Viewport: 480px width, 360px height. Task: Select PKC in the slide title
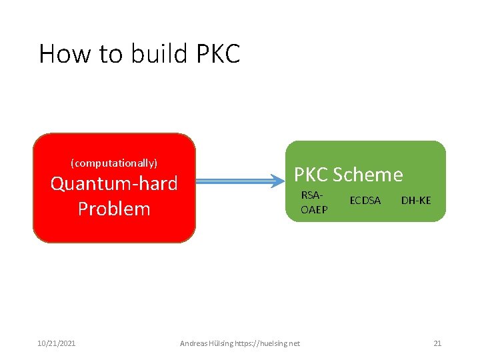pyautogui.click(x=218, y=53)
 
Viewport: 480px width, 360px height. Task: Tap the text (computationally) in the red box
pyautogui.click(x=114, y=163)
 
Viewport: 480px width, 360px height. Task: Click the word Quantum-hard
pyautogui.click(x=114, y=183)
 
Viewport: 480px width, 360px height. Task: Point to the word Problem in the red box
pyautogui.click(x=114, y=209)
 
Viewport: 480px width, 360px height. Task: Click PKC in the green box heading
pyautogui.click(x=311, y=175)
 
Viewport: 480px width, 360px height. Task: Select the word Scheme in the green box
pyautogui.click(x=368, y=175)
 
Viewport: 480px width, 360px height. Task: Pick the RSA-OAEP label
pyautogui.click(x=313, y=203)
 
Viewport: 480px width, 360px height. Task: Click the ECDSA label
pyautogui.click(x=365, y=200)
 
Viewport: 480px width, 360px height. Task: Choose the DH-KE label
pyautogui.click(x=416, y=200)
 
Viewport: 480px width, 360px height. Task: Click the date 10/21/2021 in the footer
pyautogui.click(x=56, y=343)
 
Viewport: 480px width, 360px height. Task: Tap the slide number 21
pyautogui.click(x=437, y=343)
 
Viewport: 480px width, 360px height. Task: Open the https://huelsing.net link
pyautogui.click(x=273, y=343)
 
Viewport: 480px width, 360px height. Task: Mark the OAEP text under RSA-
pyautogui.click(x=313, y=209)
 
